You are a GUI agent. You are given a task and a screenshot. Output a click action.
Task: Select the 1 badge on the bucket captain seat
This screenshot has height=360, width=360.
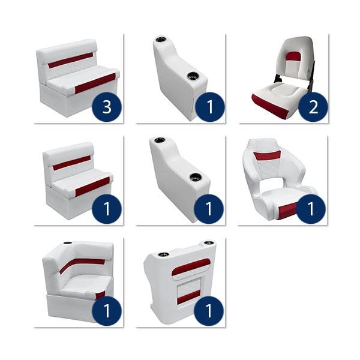pyautogui.click(x=311, y=209)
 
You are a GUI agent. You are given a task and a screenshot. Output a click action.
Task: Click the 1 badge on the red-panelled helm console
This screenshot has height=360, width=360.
pyautogui.click(x=209, y=311)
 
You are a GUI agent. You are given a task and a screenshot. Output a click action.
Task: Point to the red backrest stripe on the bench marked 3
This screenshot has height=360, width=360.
pyautogui.click(x=70, y=61)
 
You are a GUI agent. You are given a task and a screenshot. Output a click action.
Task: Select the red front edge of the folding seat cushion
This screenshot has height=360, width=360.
pyautogui.click(x=267, y=107)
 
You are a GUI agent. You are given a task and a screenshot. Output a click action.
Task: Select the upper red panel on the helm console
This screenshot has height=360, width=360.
pyautogui.click(x=191, y=268)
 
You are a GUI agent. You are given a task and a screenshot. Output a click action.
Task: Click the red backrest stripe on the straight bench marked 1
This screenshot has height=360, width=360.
pyautogui.click(x=71, y=163)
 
